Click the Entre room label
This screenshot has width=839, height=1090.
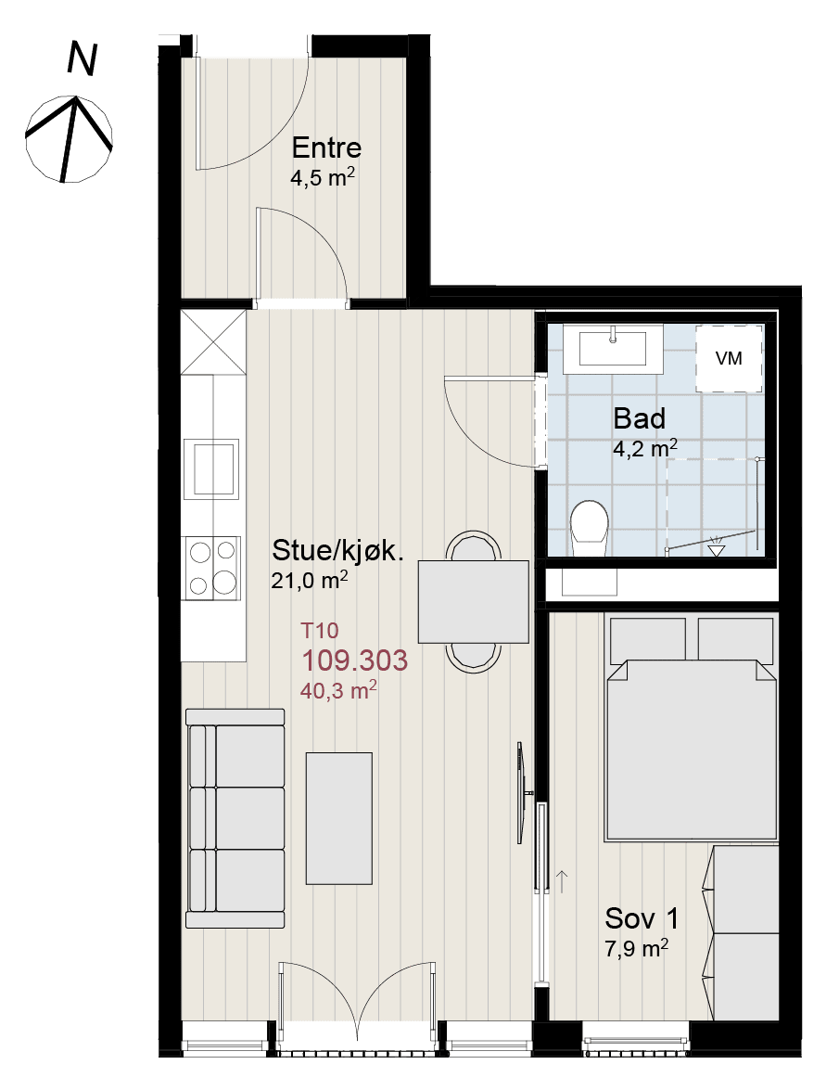point(326,147)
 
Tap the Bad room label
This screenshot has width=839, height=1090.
point(640,418)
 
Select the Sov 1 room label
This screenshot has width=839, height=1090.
point(642,918)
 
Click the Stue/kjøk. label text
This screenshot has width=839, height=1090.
point(337,550)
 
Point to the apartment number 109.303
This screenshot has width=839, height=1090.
point(354,660)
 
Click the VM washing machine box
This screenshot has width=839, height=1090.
point(729,359)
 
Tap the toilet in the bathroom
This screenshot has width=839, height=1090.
point(589,529)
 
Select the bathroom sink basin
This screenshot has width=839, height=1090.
point(613,349)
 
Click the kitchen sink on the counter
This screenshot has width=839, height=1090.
point(211,468)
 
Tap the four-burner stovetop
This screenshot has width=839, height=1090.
point(211,568)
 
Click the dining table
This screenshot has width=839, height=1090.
point(474,602)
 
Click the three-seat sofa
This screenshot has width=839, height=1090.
point(235,818)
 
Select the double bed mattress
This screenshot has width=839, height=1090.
point(691,750)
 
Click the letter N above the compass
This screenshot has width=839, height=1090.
point(82,58)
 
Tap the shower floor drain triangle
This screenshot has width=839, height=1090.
point(716,550)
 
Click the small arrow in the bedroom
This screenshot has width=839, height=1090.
point(562,881)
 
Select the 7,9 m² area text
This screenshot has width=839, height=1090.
point(637,948)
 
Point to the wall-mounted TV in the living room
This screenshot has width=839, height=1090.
point(522,793)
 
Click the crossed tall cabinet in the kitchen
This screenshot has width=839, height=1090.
point(213,342)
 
